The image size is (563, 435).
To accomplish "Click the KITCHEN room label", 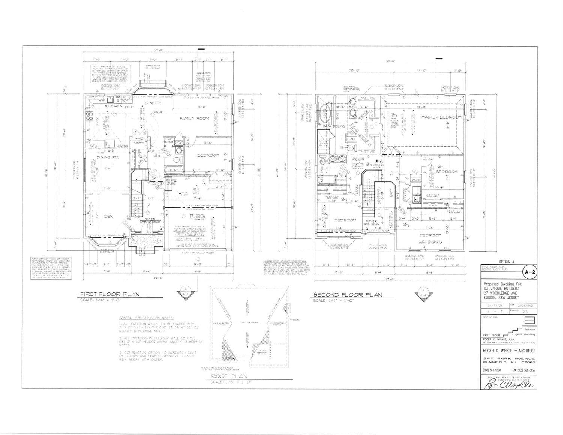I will pos(114,106).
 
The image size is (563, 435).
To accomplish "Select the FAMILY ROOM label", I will pos(194,119).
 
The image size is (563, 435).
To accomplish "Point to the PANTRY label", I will pos(138,143).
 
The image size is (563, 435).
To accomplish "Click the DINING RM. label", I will pos(107,157).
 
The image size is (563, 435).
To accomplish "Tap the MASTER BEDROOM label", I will pos(441,117).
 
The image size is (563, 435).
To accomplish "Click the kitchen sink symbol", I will pos(110,99).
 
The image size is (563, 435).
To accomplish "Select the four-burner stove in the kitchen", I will pos(89,117).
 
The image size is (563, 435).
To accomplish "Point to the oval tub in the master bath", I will pos(325,114).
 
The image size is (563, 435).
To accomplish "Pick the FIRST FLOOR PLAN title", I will pos(110,294).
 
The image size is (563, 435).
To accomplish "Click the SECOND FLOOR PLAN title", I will pos(348,295).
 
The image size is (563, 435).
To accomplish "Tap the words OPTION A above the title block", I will pos(507,262).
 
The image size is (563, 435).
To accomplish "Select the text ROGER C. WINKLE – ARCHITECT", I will pos(509,351).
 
